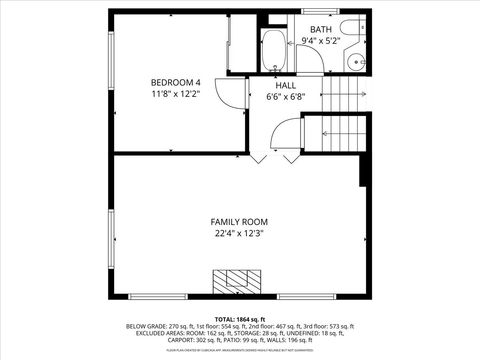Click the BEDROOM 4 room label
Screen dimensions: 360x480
point(176,82)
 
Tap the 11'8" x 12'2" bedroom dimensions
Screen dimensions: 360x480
point(176,94)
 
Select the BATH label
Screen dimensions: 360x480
point(320,29)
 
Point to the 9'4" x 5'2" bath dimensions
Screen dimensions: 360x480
point(320,40)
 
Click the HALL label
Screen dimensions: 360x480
point(286,86)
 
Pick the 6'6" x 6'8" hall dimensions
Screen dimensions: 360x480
point(286,97)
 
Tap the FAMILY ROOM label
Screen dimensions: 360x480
point(239,221)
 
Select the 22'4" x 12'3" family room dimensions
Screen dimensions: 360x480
point(239,234)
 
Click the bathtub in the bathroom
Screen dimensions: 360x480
point(273,50)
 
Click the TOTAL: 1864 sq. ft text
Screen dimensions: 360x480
point(239,317)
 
